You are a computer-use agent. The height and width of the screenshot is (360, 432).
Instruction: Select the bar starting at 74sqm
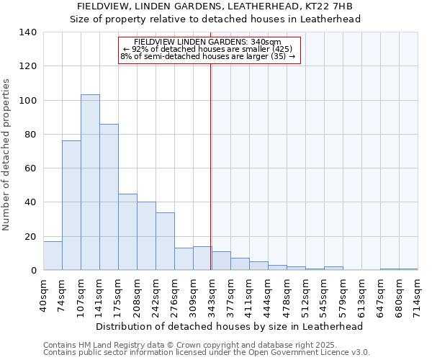pyautogui.click(x=71, y=205)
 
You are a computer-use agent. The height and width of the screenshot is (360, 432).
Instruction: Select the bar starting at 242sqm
pyautogui.click(x=165, y=241)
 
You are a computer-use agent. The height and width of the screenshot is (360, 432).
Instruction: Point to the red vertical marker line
pyautogui.click(x=210, y=166)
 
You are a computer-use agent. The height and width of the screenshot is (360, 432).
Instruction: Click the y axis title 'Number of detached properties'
pyautogui.click(x=6, y=154)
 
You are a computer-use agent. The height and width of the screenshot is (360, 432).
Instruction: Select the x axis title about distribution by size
pyautogui.click(x=229, y=326)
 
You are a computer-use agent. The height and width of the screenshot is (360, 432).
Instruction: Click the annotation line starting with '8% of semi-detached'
pyautogui.click(x=208, y=56)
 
